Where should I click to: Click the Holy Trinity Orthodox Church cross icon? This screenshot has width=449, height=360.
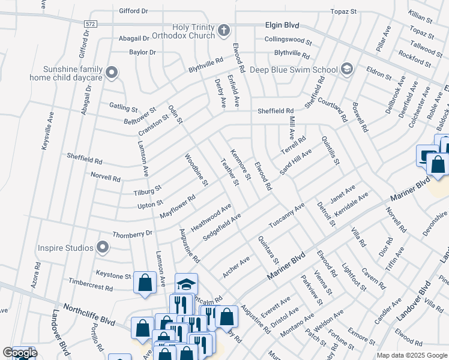(x=223, y=30)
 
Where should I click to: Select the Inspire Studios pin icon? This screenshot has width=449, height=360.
(x=103, y=247)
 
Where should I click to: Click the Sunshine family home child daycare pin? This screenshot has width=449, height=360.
(x=111, y=73)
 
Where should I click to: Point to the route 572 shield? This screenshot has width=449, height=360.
(x=90, y=22)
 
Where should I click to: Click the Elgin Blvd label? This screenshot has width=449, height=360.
(x=282, y=26)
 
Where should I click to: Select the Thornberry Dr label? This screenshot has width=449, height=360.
(x=133, y=233)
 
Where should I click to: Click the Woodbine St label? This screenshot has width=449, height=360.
(x=196, y=169)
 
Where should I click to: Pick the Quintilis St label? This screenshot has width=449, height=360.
(x=331, y=150)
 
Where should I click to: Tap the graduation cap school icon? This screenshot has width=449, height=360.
(x=186, y=284)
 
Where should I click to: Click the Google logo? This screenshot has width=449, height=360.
(x=19, y=353)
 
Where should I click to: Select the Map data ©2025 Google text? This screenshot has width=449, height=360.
(x=411, y=355)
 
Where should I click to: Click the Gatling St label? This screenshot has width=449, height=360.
(x=123, y=107)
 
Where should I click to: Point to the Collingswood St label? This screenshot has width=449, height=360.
(x=288, y=41)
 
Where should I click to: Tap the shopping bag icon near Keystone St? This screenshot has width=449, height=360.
(x=145, y=284)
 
